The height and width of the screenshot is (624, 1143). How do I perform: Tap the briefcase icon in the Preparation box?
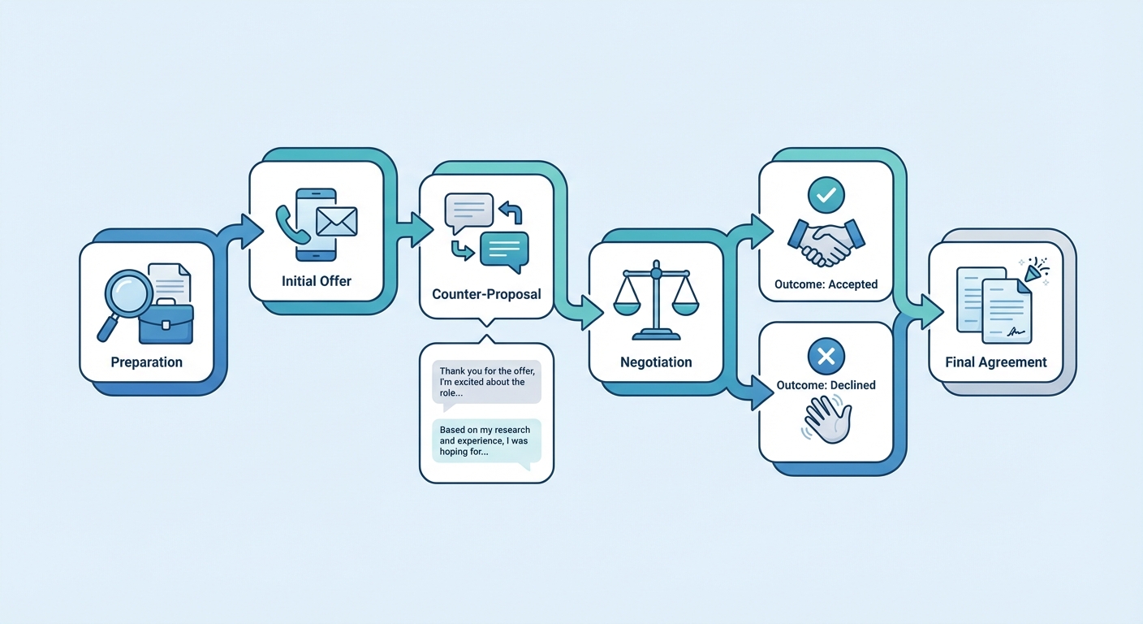166,323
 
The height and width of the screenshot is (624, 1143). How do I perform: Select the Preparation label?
147,362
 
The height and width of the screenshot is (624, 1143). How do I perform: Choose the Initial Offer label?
317,281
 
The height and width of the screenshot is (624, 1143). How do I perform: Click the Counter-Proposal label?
486,294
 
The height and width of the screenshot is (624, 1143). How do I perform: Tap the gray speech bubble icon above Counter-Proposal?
468,210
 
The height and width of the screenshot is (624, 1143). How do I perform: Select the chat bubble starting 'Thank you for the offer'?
485,382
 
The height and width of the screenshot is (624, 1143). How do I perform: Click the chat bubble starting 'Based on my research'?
485,441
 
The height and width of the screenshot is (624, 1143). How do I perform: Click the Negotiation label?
656,362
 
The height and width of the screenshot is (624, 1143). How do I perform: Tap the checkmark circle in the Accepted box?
826,195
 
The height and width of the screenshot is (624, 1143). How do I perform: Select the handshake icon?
826,242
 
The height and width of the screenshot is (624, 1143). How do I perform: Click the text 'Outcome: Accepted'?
826,284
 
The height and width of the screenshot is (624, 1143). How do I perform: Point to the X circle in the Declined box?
826,356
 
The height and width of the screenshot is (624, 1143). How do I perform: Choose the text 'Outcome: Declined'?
826,385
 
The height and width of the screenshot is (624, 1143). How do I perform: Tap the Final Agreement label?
996,362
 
